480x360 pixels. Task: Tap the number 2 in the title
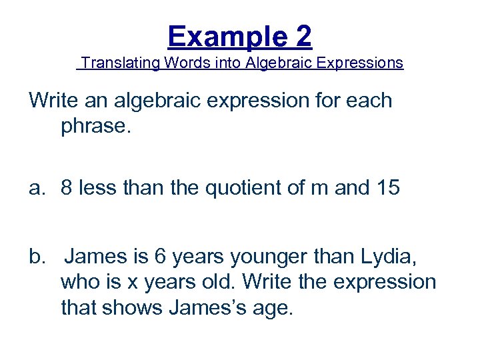pos(303,36)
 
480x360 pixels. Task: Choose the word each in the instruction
pos(368,101)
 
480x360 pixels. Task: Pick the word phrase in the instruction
pos(96,126)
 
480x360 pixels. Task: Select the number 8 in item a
pos(67,189)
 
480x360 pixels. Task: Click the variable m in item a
pos(320,189)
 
